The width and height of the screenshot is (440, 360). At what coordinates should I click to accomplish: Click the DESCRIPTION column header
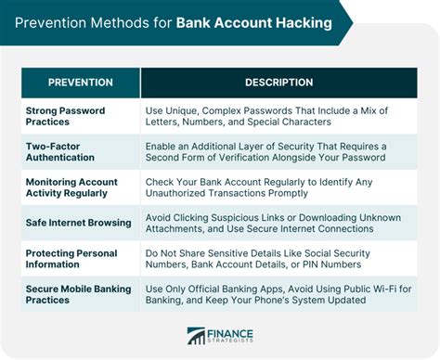pos(278,83)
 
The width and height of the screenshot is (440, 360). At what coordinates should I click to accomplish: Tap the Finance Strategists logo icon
pos(197,335)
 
